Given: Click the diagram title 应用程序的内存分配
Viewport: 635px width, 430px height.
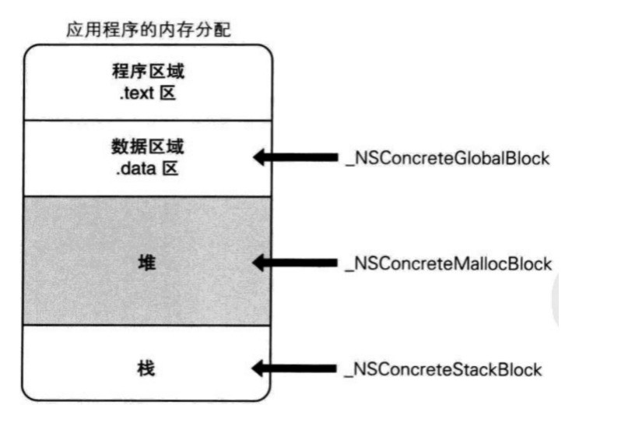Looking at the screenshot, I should (148, 31).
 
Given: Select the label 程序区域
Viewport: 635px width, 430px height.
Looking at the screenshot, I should (148, 72).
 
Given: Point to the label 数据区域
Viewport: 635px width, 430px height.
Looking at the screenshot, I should (148, 146).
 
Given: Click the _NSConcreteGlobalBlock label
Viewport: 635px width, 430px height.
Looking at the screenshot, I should (447, 158).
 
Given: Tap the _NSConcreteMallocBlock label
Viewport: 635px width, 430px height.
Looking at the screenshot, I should (448, 263).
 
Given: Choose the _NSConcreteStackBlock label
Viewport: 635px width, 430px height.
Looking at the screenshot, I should (443, 368).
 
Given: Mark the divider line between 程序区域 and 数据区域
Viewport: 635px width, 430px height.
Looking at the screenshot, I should (148, 121).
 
